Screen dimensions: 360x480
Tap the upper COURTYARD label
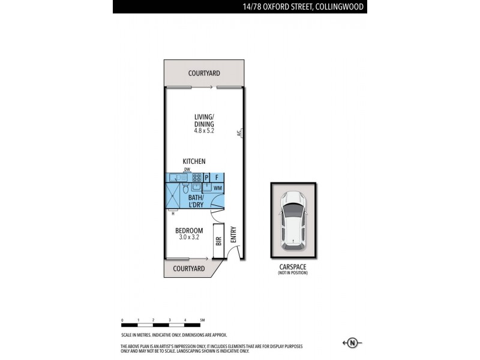pyautogui.click(x=204, y=73)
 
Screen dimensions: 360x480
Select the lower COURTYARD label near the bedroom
pyautogui.click(x=189, y=269)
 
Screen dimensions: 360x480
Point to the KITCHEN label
pyautogui.click(x=194, y=161)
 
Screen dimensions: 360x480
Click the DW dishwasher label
pyautogui.click(x=187, y=170)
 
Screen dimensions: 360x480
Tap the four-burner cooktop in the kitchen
pyautogui.click(x=196, y=178)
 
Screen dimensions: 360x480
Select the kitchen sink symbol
pyautogui.click(x=178, y=178)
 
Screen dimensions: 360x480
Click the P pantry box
pyautogui.click(x=207, y=178)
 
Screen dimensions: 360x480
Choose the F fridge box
pyautogui.click(x=218, y=178)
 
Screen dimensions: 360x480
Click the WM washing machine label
pyautogui.click(x=217, y=188)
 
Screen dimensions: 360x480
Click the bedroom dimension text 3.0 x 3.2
pyautogui.click(x=189, y=238)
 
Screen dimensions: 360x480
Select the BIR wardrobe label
pyautogui.click(x=218, y=241)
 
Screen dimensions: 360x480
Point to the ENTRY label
pyautogui.click(x=233, y=234)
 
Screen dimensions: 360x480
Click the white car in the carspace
pyautogui.click(x=293, y=219)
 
